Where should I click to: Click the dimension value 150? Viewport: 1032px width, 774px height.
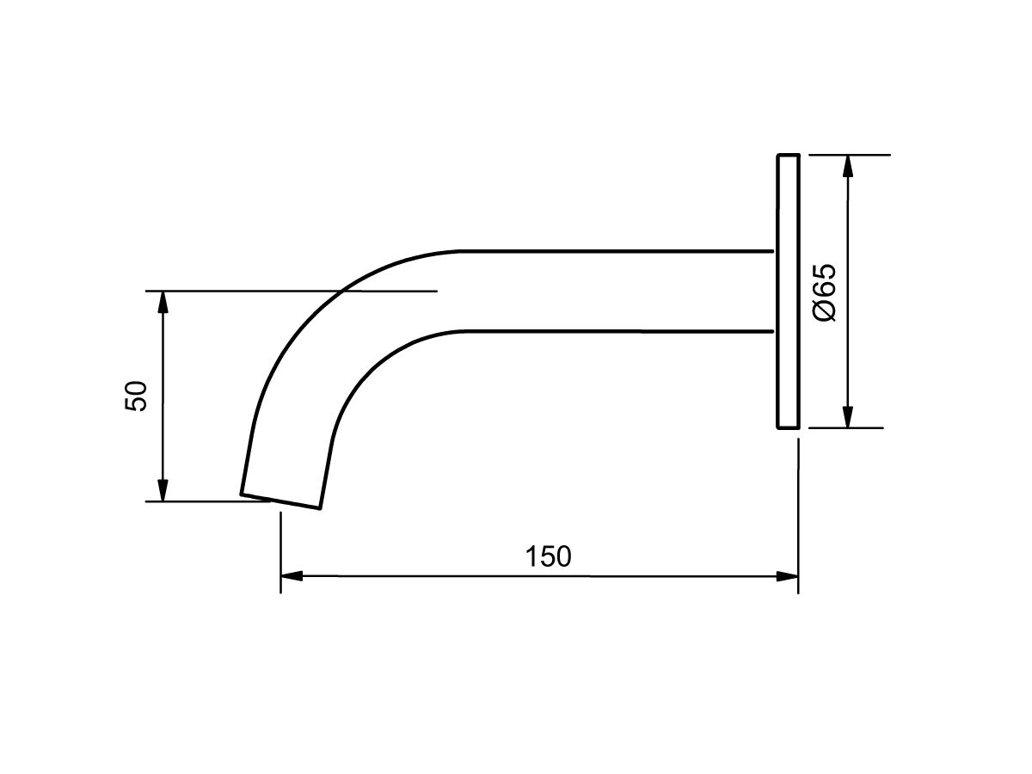(x=548, y=556)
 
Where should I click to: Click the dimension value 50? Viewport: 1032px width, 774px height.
(x=137, y=396)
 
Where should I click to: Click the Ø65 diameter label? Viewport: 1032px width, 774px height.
(x=823, y=292)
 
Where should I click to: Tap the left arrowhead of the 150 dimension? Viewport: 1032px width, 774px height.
(x=292, y=575)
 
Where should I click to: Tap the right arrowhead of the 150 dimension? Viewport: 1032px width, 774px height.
(x=789, y=575)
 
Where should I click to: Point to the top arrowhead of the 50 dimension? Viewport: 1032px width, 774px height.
(x=163, y=302)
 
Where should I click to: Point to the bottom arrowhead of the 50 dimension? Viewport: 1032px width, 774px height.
(x=163, y=490)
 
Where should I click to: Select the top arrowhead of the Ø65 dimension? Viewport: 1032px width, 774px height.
(x=848, y=166)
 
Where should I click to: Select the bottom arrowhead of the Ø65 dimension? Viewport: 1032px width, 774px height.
(x=848, y=417)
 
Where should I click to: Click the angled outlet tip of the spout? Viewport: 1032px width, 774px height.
(x=281, y=501)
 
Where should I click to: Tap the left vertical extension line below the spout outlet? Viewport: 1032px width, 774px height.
(x=280, y=550)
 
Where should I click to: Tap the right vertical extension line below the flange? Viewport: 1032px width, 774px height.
(x=799, y=516)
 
